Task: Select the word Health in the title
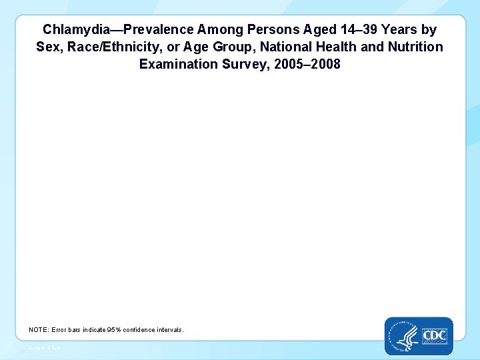(x=325, y=47)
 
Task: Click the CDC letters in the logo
(x=434, y=335)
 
